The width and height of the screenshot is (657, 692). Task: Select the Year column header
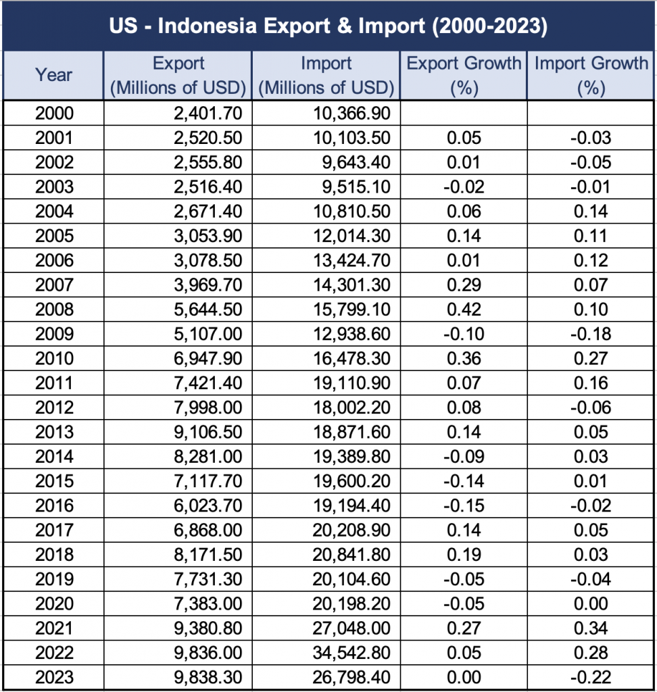53,75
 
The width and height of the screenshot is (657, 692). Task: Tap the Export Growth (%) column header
464,75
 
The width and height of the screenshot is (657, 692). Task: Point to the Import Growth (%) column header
591,75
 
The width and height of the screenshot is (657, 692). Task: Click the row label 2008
53,310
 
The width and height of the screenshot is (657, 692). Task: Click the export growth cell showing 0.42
464,310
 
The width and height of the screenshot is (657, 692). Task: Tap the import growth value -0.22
591,677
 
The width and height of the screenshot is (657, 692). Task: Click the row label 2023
53,677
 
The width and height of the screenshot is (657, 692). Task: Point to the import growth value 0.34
591,628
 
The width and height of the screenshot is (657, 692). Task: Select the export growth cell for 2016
464,505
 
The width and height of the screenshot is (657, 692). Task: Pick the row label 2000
53,114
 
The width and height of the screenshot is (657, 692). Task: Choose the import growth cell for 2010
591,358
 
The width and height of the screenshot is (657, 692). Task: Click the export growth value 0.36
464,358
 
